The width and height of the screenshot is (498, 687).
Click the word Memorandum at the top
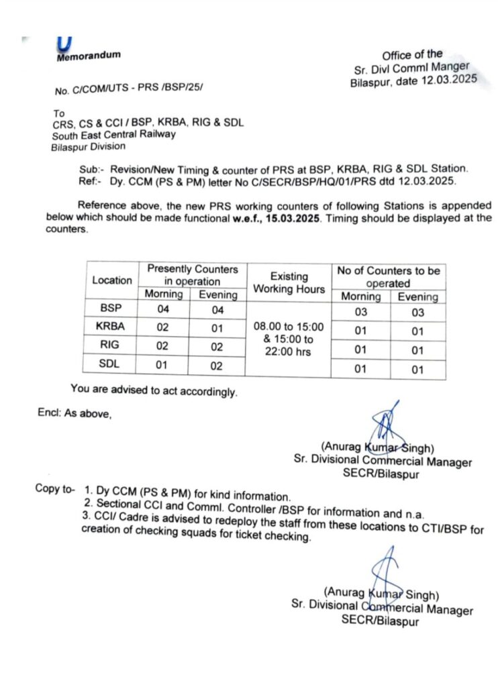tap(89, 56)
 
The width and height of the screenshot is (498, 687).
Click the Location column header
tap(112, 280)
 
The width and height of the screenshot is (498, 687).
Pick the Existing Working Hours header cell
tap(289, 282)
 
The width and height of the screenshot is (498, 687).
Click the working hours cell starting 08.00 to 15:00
tap(289, 339)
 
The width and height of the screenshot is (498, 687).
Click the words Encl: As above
tap(74, 414)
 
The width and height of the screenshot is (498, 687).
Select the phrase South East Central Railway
tap(114, 134)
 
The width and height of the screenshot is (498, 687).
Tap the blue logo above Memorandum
tap(64, 43)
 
